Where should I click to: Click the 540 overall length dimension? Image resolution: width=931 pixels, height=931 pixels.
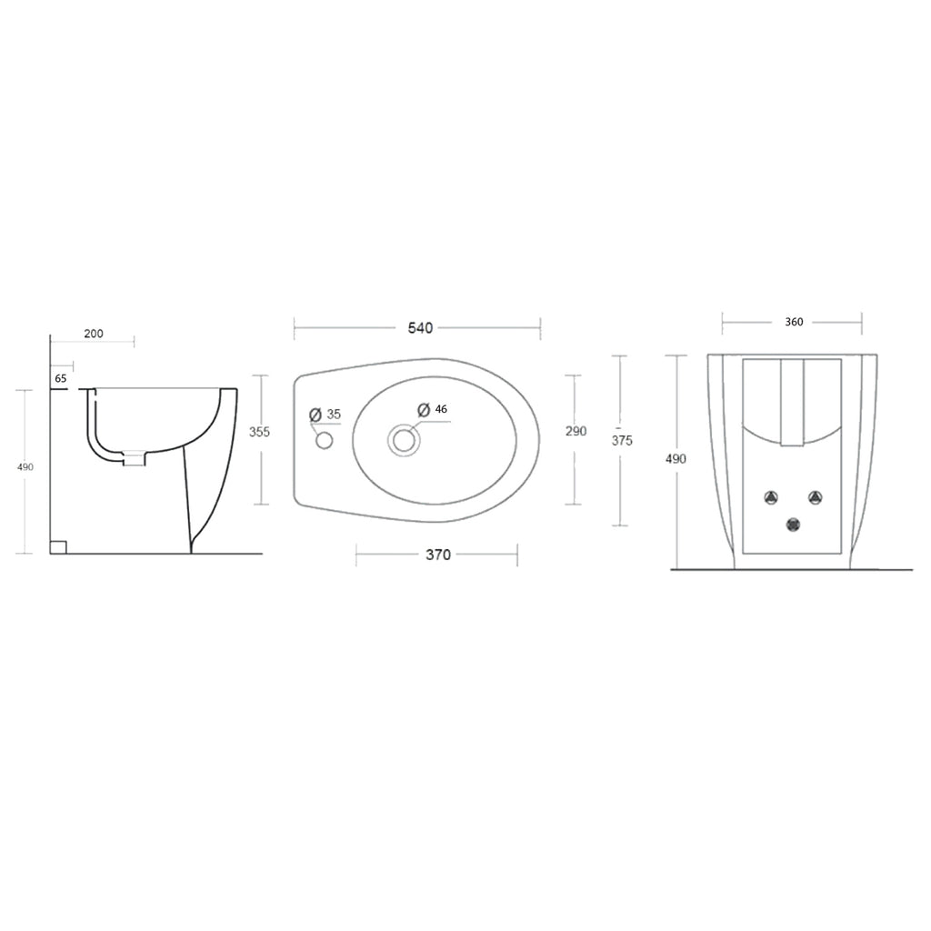point(419,328)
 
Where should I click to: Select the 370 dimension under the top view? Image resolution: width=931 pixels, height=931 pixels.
point(438,555)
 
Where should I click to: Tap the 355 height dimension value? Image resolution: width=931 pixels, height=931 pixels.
point(260,432)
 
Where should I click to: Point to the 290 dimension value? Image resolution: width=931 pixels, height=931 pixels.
point(576,431)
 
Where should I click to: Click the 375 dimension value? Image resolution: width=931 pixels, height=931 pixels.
point(622,440)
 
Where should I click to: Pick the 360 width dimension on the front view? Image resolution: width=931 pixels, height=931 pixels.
point(794,322)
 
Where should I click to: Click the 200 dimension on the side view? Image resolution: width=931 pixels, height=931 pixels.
point(94,334)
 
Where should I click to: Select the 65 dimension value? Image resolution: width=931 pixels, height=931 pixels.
point(61,377)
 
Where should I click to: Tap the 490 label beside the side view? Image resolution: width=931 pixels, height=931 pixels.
point(25,466)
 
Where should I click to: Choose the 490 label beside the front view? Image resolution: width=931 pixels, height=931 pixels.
point(676,459)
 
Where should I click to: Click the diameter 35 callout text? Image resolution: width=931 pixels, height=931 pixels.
point(325,415)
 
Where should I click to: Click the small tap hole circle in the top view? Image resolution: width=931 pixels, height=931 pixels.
point(325,441)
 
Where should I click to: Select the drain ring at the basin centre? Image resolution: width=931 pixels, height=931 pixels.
point(404,441)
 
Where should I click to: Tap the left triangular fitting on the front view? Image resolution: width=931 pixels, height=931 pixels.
point(771,497)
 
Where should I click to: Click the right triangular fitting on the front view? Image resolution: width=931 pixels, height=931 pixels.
point(816,497)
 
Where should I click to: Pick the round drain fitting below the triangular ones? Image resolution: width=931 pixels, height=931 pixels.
point(794,525)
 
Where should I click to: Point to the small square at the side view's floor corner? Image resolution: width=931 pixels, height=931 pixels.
point(58,546)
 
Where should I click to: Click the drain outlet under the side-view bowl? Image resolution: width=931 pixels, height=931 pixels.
point(134,459)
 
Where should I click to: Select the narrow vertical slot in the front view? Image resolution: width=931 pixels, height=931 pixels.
point(793,403)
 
